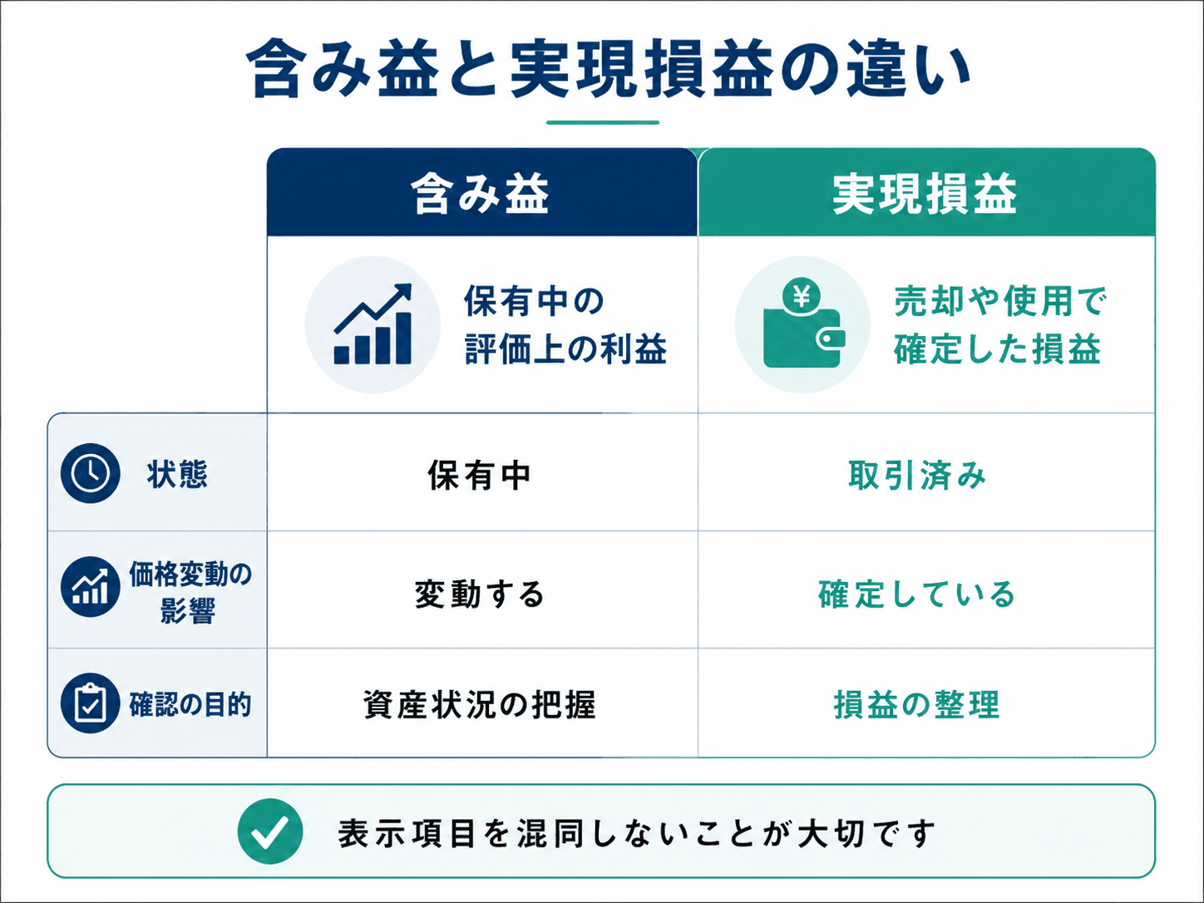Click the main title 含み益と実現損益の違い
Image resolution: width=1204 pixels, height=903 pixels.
pyautogui.click(x=607, y=69)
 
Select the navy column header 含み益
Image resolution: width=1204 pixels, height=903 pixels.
pyautogui.click(x=481, y=194)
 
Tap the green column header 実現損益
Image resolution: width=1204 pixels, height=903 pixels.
pyautogui.click(x=925, y=194)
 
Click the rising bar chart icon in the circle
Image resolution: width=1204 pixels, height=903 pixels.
pyautogui.click(x=373, y=323)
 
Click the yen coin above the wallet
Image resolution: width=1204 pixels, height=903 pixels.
pyautogui.click(x=802, y=297)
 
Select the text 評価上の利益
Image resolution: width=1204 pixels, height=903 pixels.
pyautogui.click(x=566, y=348)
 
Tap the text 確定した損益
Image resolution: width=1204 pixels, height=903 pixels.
pyautogui.click(x=997, y=348)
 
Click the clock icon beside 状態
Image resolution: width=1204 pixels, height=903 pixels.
pyautogui.click(x=91, y=473)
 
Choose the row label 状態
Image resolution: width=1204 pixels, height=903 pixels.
pyautogui.click(x=177, y=474)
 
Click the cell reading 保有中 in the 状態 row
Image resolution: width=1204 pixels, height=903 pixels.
pyautogui.click(x=480, y=475)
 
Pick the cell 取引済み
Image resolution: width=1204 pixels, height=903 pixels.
pyautogui.click(x=917, y=475)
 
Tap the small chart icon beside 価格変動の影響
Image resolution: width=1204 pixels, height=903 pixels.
pyautogui.click(x=91, y=587)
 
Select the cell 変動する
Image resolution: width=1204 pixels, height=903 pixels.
pyautogui.click(x=480, y=595)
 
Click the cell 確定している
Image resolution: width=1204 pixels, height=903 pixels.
pyautogui.click(x=916, y=595)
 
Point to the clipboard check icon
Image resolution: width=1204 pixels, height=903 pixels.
pyautogui.click(x=91, y=703)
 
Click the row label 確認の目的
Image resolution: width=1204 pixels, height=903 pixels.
pyautogui.click(x=190, y=704)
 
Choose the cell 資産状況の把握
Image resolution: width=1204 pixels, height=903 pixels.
pyautogui.click(x=480, y=704)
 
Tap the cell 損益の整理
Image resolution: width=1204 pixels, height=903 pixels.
pyautogui.click(x=916, y=704)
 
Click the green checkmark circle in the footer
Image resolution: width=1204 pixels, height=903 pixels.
pyautogui.click(x=270, y=831)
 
